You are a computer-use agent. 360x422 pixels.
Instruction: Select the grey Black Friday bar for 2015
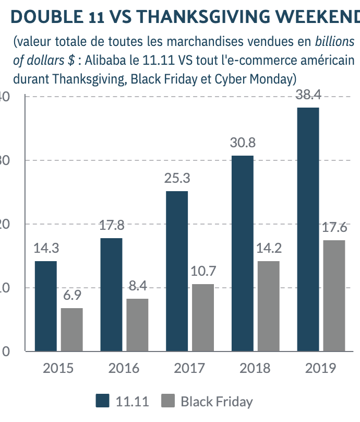[72, 330]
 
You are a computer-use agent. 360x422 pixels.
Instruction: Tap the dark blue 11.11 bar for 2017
[177, 271]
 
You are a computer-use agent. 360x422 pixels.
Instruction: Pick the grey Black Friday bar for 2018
[268, 306]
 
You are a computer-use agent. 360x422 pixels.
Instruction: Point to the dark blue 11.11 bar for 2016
[111, 295]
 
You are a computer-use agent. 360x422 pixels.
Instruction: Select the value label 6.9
[72, 295]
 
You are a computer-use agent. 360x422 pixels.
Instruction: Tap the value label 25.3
[177, 178]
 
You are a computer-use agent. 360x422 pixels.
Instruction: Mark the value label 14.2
[268, 248]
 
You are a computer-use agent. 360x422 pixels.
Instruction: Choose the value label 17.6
[334, 227]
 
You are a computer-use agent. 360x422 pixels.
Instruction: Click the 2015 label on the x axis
[58, 368]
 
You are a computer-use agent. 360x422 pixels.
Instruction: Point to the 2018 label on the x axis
[255, 368]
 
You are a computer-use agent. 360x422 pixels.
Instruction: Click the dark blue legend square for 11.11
[103, 401]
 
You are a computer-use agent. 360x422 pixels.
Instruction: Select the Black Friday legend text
[217, 402]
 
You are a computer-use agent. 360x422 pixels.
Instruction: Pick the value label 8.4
[137, 286]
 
